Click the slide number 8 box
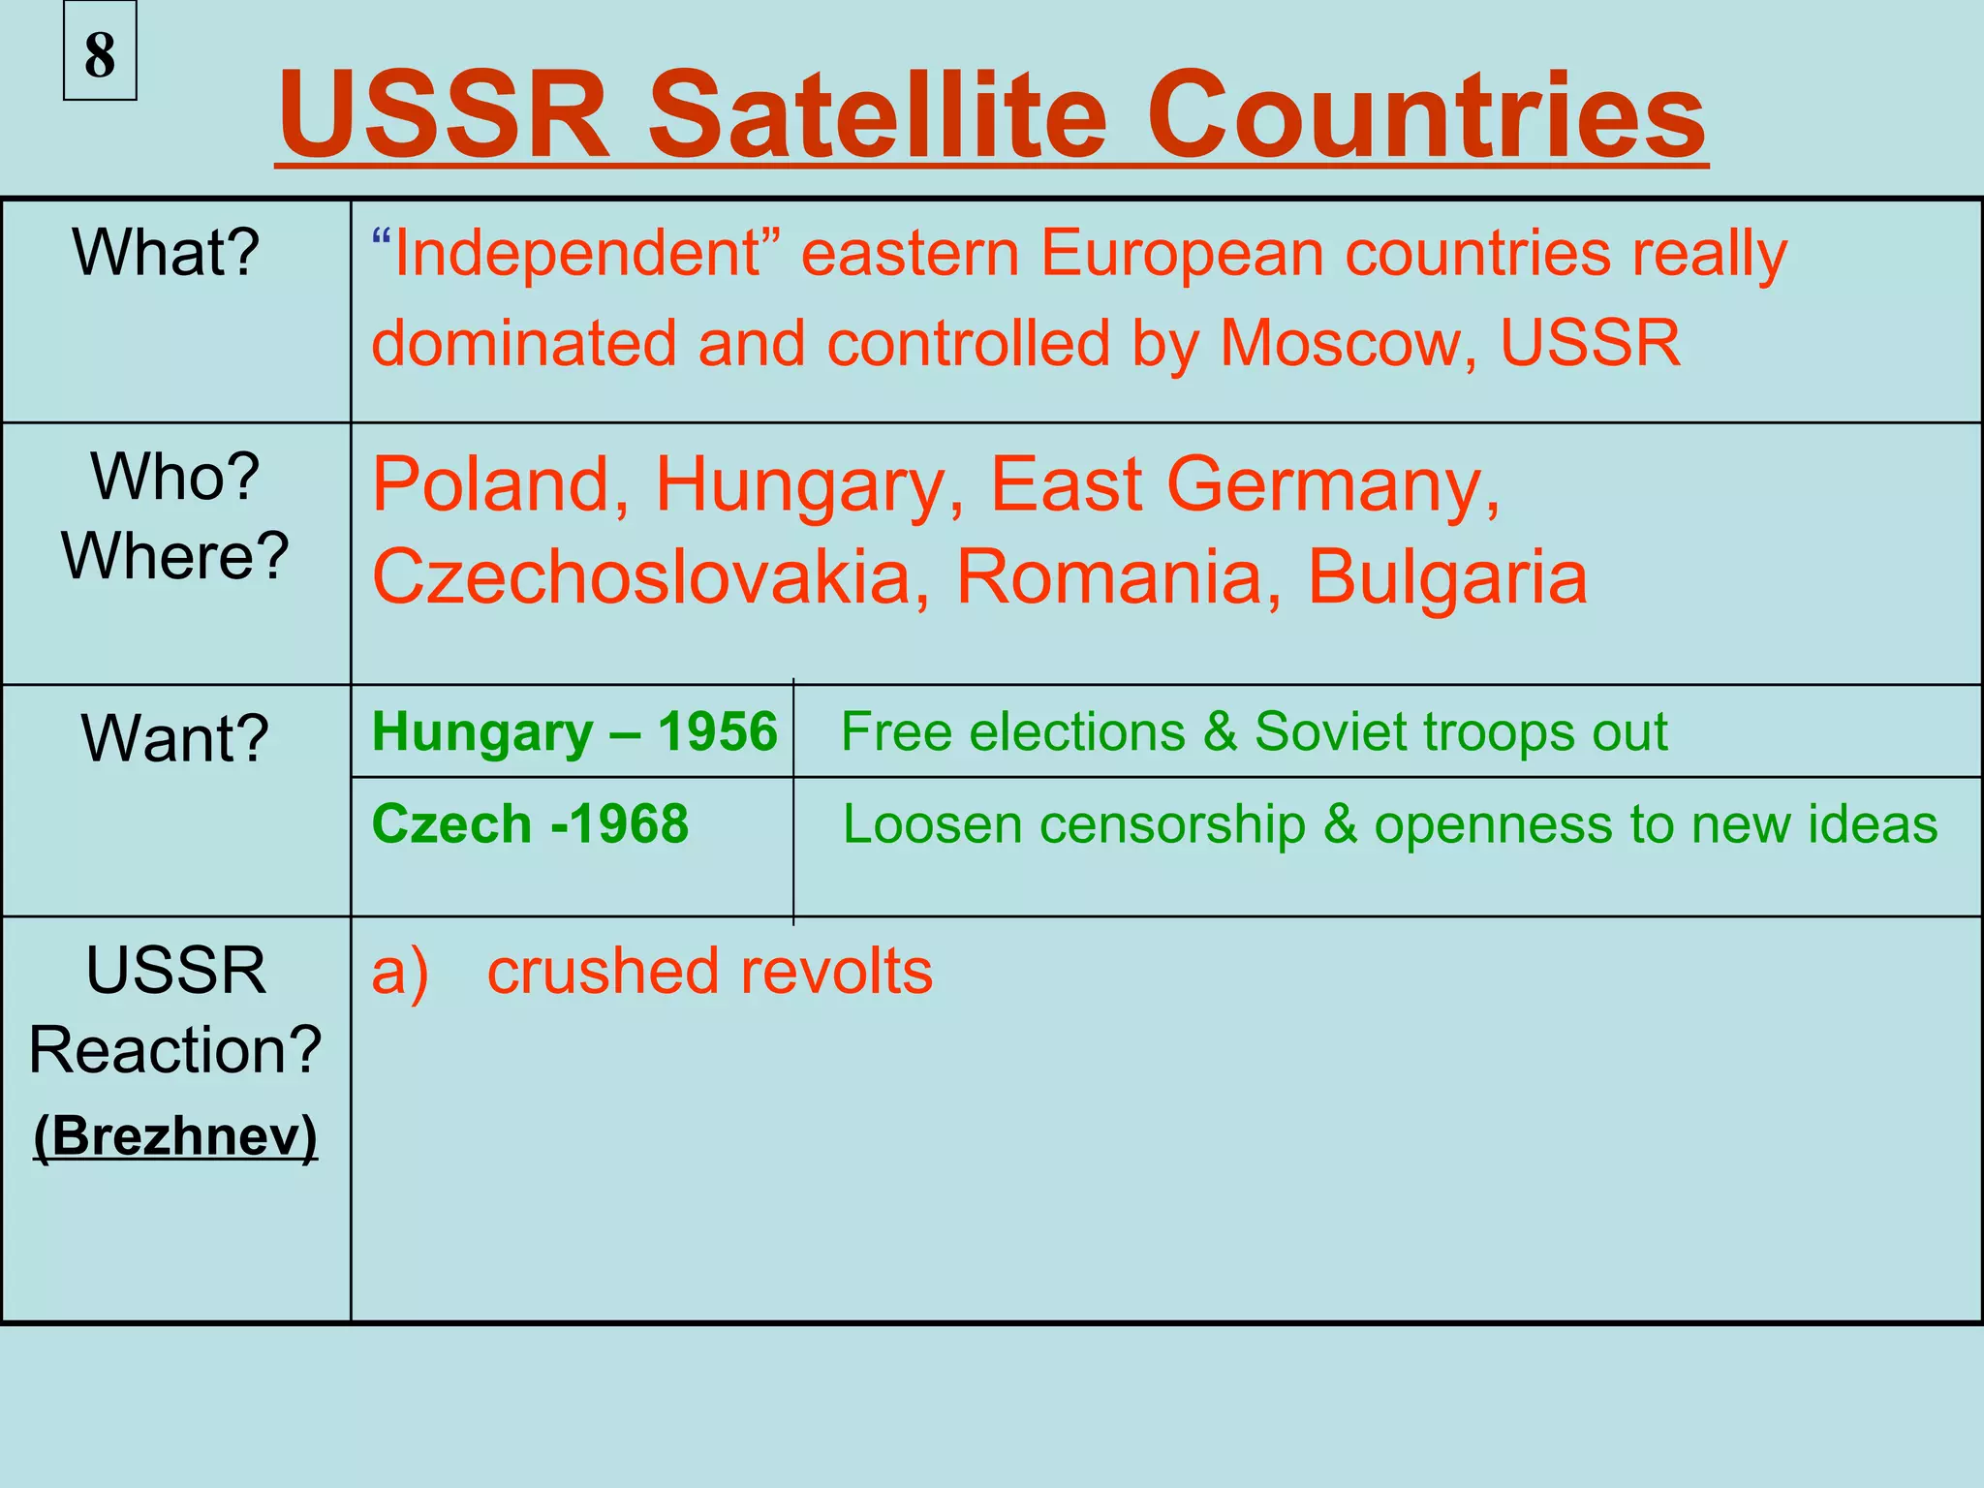pyautogui.click(x=100, y=52)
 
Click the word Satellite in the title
pyautogui.click(x=877, y=115)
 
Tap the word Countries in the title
pyautogui.click(x=1426, y=115)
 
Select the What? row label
pyautogui.click(x=166, y=253)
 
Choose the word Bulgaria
pyautogui.click(x=1447, y=576)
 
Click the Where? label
pyautogui.click(x=175, y=556)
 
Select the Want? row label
pyautogui.click(x=175, y=738)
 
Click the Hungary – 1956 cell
pyautogui.click(x=573, y=731)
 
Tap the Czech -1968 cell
pyautogui.click(x=530, y=824)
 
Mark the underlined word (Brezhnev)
pyautogui.click(x=175, y=1135)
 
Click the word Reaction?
pyautogui.click(x=175, y=1050)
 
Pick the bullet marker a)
pyautogui.click(x=400, y=972)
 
